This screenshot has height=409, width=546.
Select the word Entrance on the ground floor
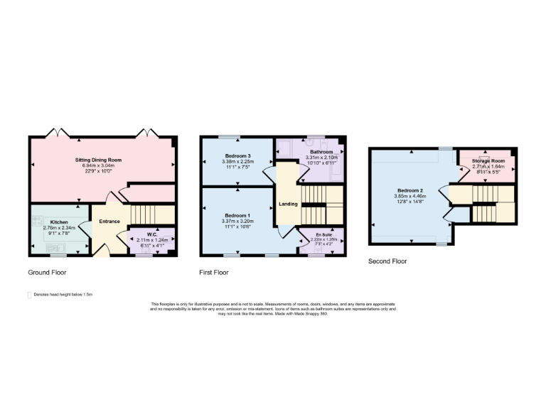click(109, 222)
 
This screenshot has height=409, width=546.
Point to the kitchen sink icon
click(54, 247)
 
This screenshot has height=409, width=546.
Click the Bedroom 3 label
click(238, 156)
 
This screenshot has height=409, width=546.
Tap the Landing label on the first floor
click(288, 204)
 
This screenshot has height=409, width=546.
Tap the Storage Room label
click(488, 161)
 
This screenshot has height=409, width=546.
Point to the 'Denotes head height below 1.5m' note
click(64, 294)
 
